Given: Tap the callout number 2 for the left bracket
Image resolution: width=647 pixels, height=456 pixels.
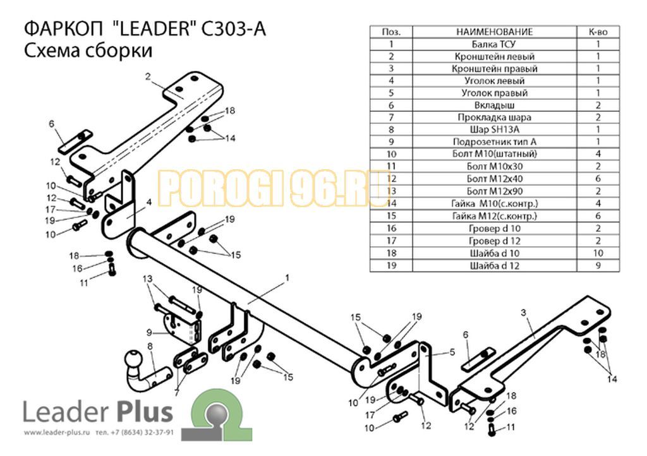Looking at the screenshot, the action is pyautogui.click(x=148, y=76).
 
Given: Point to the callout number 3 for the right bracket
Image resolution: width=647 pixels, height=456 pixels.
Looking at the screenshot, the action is pyautogui.click(x=524, y=313).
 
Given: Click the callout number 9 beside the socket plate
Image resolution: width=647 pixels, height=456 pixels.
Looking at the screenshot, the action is pyautogui.click(x=149, y=332).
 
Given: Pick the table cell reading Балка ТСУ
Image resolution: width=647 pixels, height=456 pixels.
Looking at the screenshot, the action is pyautogui.click(x=494, y=44).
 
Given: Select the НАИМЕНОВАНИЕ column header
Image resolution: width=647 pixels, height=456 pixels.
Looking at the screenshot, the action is pyautogui.click(x=494, y=32).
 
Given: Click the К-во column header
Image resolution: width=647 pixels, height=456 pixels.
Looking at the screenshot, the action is pyautogui.click(x=598, y=32).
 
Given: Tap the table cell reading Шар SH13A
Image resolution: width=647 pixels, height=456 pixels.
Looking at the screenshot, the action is pyautogui.click(x=494, y=129).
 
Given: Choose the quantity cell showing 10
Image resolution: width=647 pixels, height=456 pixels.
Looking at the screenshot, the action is pyautogui.click(x=598, y=253).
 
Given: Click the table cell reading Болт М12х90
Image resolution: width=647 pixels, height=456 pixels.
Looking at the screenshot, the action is pyautogui.click(x=494, y=191).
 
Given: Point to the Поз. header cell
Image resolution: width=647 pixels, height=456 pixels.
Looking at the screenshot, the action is pyautogui.click(x=391, y=32).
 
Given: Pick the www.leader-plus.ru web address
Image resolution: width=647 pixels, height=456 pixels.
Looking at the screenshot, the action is pyautogui.click(x=57, y=433).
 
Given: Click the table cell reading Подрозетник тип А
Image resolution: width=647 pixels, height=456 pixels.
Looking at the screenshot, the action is pyautogui.click(x=494, y=142).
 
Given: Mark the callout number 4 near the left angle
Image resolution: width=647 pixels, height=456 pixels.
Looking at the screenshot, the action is pyautogui.click(x=148, y=203).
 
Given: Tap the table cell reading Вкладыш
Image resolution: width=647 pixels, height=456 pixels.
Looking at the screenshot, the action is pyautogui.click(x=494, y=105).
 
